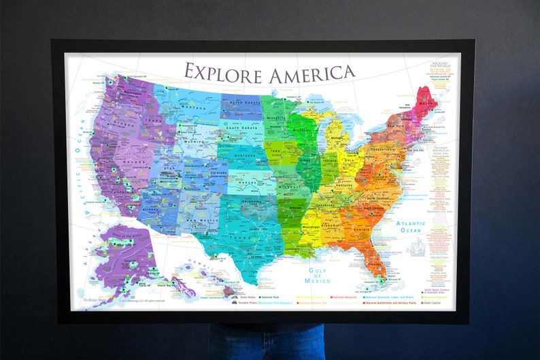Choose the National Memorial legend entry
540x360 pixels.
(348, 297)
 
